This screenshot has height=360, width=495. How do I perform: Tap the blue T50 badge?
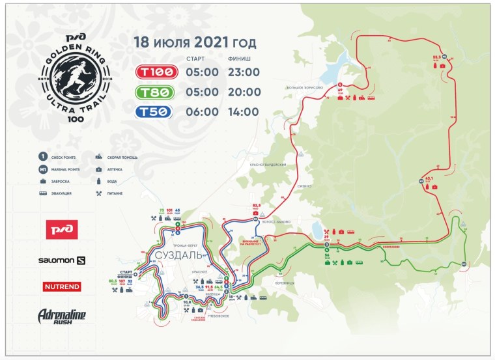click(154, 111)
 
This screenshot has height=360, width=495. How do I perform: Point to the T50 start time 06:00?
click(202, 111)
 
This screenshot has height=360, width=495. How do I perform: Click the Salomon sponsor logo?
click(61, 260)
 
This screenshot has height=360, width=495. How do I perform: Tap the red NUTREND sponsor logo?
click(61, 286)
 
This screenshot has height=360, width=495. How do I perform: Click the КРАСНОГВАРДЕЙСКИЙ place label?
click(268, 165)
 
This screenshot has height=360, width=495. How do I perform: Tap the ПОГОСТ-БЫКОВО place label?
click(276, 221)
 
